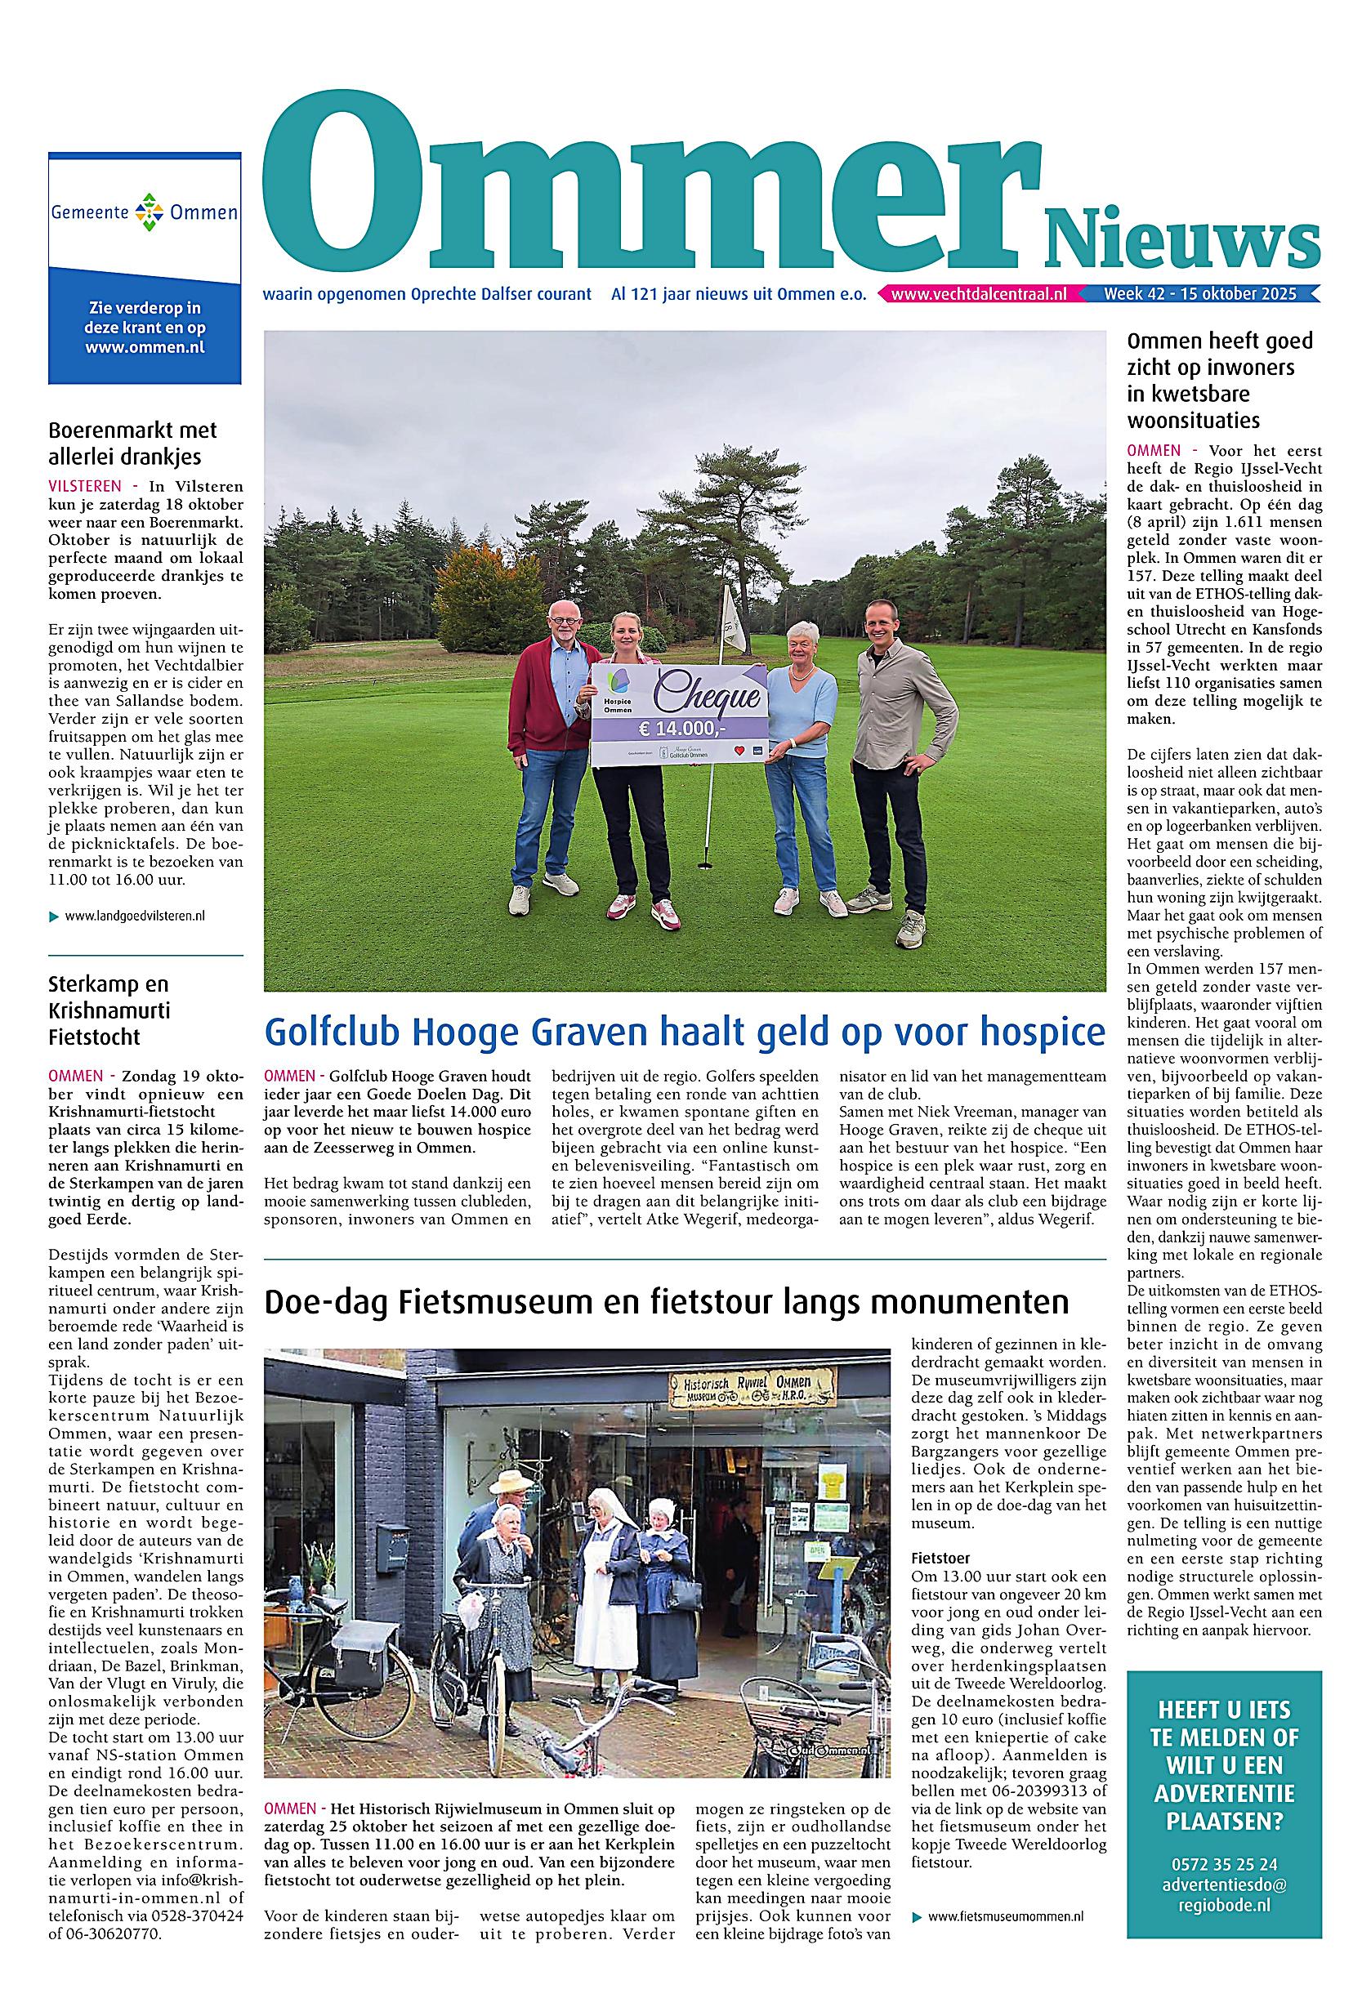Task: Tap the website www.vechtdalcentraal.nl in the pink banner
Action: coord(978,295)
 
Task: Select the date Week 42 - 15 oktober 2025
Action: coord(1199,295)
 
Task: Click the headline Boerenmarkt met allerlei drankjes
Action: coord(132,442)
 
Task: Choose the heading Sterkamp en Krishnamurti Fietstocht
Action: coord(109,1010)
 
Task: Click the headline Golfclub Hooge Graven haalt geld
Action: coord(684,1032)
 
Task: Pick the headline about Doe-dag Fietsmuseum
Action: coord(666,1301)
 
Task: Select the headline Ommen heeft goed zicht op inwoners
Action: coord(1219,380)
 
